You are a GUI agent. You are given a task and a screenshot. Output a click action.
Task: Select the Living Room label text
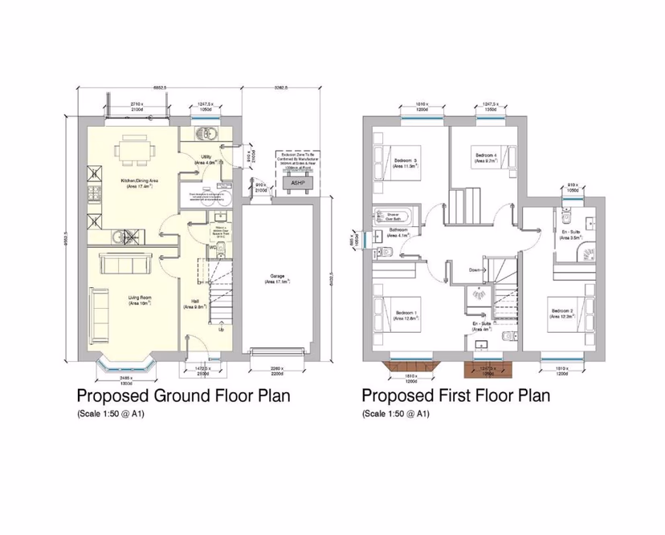pos(139,301)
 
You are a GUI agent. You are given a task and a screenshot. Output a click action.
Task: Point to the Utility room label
pos(206,159)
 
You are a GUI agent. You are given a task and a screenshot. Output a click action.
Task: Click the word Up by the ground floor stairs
pos(222,330)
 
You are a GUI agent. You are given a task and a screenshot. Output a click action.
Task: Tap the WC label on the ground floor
pos(212,248)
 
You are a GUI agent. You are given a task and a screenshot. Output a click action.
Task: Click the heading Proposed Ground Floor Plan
pos(182,396)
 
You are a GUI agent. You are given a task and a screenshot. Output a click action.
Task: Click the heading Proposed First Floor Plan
pos(455,396)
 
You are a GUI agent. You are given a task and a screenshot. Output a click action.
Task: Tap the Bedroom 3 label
pos(405,164)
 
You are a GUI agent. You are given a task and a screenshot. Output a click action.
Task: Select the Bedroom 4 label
pos(485,157)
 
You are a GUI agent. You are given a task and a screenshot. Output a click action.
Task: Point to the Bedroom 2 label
pos(561,313)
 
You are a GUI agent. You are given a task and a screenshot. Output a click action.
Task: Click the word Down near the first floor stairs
pos(475,270)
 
